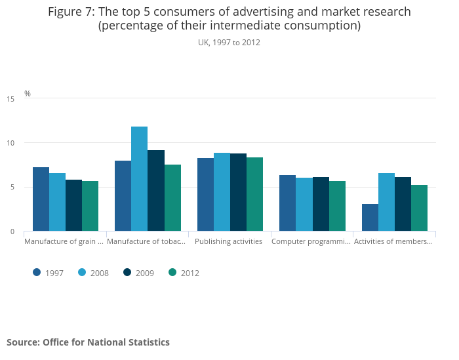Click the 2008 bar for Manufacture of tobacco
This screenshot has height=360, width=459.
pos(139,179)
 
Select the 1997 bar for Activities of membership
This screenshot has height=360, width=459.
pos(370,218)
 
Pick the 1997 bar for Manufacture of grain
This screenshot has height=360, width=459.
pos(41,199)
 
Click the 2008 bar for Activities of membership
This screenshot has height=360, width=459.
pos(386,202)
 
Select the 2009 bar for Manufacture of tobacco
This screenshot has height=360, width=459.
pos(156,191)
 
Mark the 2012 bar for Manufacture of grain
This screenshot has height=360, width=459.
pos(90,206)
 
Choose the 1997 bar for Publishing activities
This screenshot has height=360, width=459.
pos(205,195)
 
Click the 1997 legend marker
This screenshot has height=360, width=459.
pos(37,273)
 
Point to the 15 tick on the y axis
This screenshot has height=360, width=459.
pos(10,99)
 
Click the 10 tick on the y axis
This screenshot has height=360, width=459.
pos(10,143)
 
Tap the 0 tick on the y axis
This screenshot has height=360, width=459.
pos(12,231)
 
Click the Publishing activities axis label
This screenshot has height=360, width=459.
pos(229,241)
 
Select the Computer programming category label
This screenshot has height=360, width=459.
pos(311,241)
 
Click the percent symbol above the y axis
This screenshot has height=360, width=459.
pos(28,94)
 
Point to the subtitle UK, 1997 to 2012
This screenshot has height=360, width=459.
pos(229,43)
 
